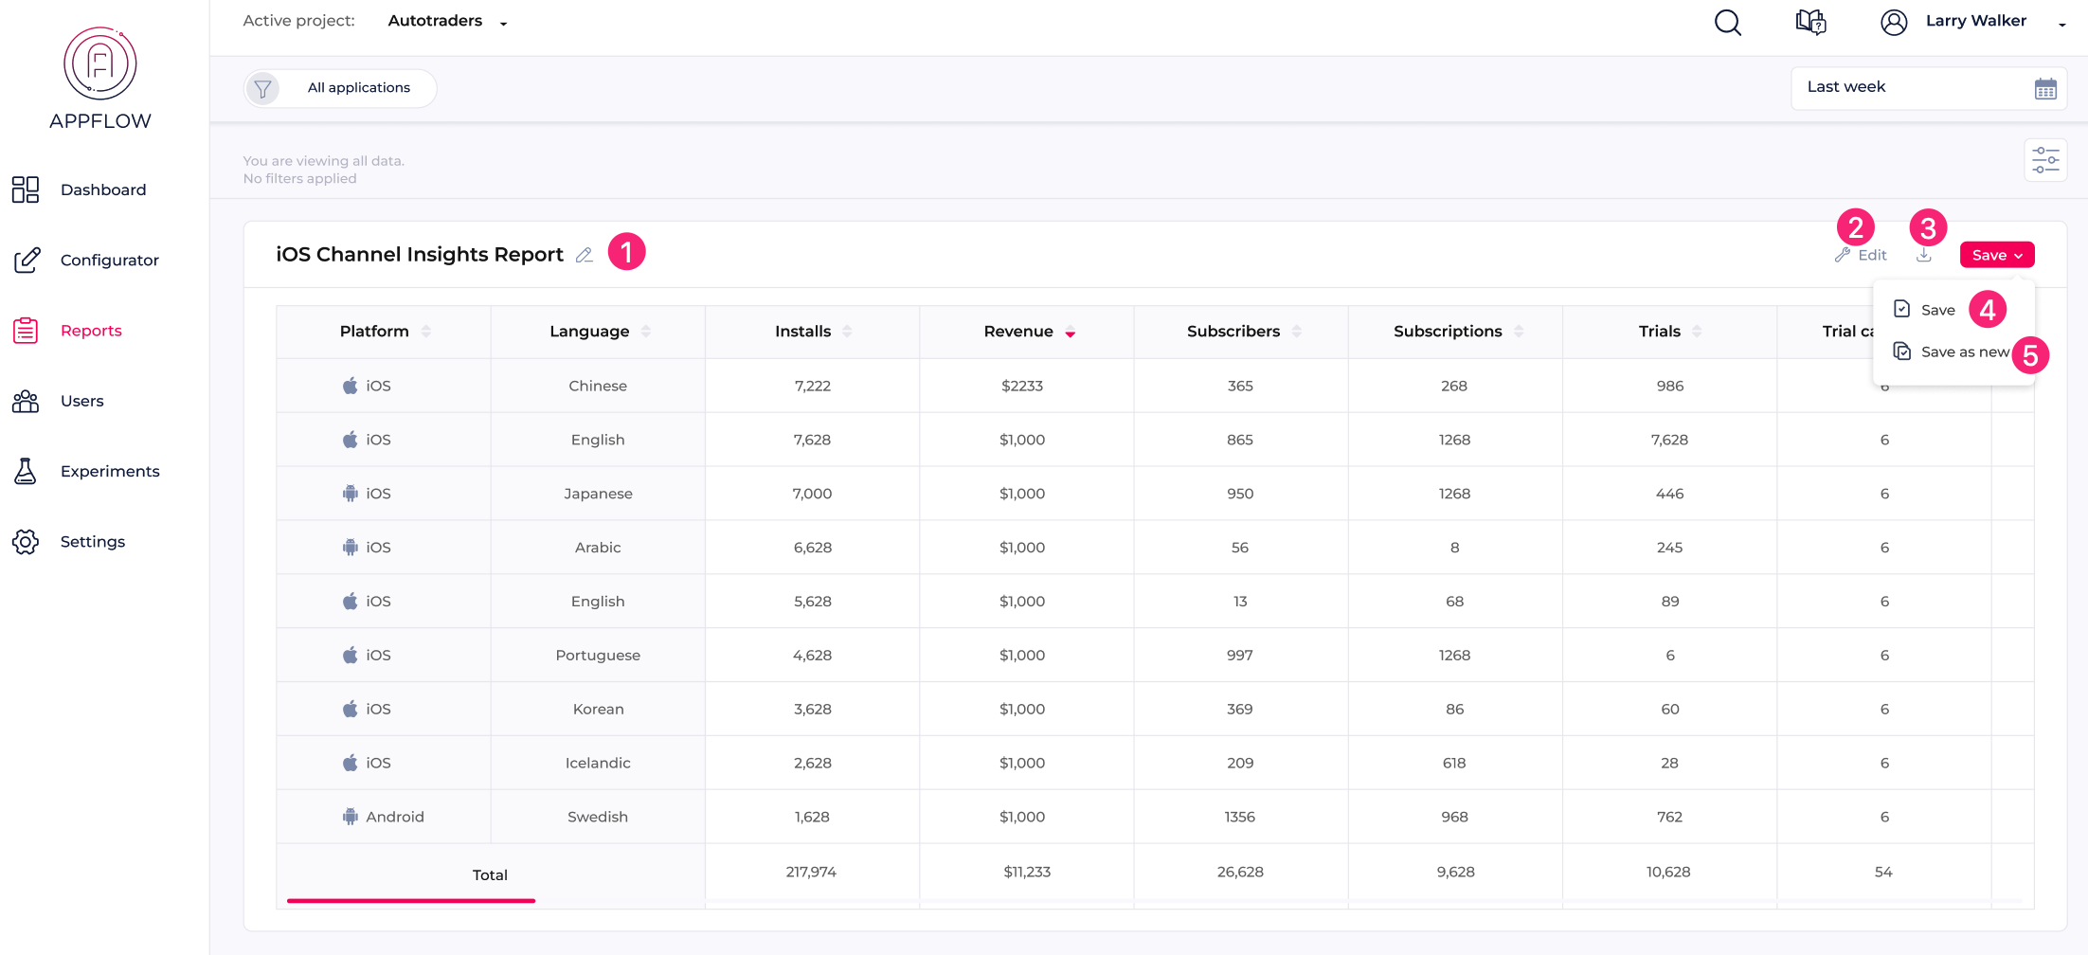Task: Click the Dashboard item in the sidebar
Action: point(102,189)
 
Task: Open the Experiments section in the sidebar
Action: point(109,471)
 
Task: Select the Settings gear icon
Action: point(26,542)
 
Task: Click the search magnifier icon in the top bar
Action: point(1727,22)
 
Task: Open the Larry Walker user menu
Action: point(1974,22)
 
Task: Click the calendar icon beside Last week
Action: point(2044,89)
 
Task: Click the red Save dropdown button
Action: point(1996,255)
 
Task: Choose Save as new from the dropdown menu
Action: point(1963,352)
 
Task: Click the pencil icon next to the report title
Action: point(585,255)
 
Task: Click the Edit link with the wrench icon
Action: point(1862,255)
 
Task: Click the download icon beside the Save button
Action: point(1923,255)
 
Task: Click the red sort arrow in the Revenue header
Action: point(1070,333)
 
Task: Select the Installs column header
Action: point(802,332)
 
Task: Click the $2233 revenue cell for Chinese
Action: point(1021,386)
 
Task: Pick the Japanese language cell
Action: point(598,494)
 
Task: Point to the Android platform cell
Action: point(384,817)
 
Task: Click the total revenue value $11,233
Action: point(1026,872)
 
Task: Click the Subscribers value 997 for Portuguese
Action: point(1239,656)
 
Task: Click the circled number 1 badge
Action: point(626,252)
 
